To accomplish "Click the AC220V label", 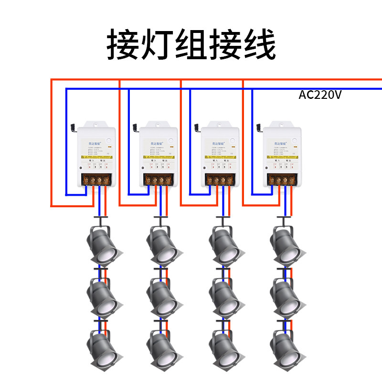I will (320, 95).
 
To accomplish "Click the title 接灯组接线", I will (191, 45).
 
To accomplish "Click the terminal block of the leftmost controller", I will (97, 180).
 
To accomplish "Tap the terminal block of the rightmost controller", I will (282, 180).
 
